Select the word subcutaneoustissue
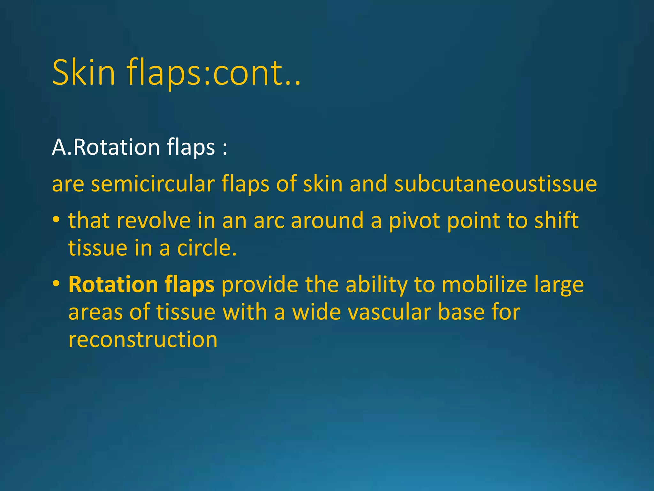click(496, 184)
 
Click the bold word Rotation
click(113, 284)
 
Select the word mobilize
click(484, 284)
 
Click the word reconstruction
click(143, 339)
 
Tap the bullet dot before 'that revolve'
click(56, 220)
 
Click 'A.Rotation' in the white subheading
click(106, 147)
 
